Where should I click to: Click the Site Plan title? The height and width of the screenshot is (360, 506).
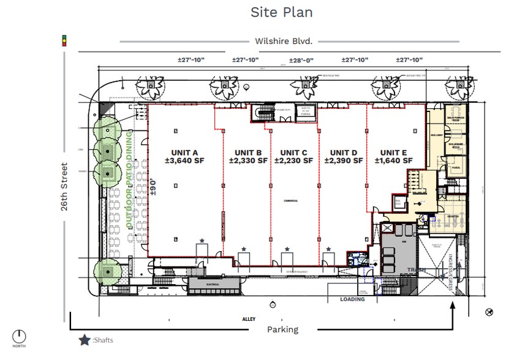[x=281, y=12]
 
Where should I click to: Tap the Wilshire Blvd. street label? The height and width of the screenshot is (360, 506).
[x=284, y=41]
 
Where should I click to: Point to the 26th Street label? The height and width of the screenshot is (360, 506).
[x=64, y=187]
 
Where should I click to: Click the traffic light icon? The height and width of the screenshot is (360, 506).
[x=63, y=41]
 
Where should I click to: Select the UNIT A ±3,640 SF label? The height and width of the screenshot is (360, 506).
[x=181, y=156]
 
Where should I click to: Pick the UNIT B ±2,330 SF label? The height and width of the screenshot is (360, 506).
[x=248, y=156]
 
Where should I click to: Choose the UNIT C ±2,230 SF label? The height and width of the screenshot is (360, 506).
[x=293, y=156]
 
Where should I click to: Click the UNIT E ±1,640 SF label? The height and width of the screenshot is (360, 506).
[x=393, y=156]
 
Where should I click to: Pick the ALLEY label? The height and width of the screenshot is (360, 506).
[x=248, y=319]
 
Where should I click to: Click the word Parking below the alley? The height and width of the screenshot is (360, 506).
[x=282, y=329]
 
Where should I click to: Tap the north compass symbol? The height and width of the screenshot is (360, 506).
[x=20, y=336]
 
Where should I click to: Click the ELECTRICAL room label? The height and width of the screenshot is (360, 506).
[x=213, y=284]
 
